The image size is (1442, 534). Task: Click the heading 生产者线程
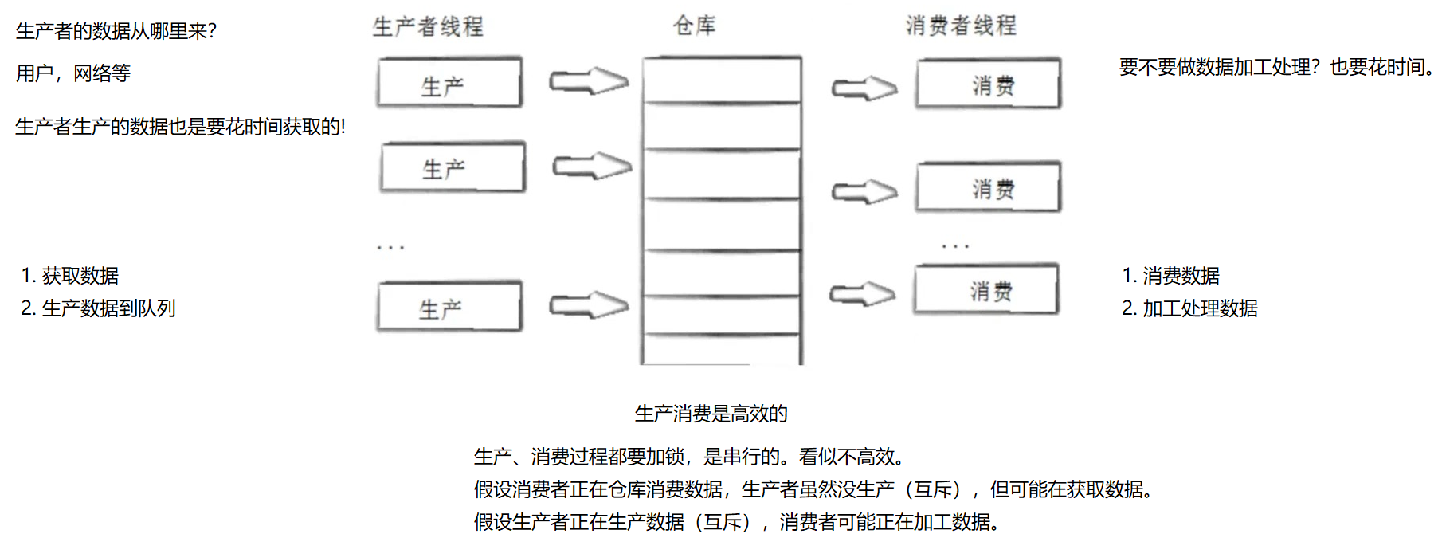click(428, 27)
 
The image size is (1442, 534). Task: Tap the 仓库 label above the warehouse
click(694, 26)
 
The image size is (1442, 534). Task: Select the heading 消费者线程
click(961, 26)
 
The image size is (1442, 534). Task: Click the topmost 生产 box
click(449, 83)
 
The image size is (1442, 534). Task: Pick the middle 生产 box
click(453, 167)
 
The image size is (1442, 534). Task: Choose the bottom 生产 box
click(449, 306)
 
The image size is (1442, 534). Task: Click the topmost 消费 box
click(989, 84)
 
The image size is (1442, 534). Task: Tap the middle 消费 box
click(989, 187)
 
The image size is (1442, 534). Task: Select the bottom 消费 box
click(986, 289)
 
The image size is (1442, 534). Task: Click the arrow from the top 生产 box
click(589, 81)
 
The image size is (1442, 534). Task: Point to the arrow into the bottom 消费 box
click(862, 294)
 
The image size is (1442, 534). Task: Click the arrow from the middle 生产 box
click(592, 166)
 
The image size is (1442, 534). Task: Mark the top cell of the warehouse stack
click(722, 80)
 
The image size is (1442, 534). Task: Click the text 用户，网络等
click(73, 73)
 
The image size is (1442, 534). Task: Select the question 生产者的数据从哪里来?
click(116, 31)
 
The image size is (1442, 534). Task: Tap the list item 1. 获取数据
click(70, 276)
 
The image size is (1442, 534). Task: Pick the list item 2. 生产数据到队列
click(98, 308)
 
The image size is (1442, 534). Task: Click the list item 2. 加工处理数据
click(1189, 308)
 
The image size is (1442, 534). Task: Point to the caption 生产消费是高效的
click(711, 414)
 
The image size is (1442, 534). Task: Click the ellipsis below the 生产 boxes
click(390, 248)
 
